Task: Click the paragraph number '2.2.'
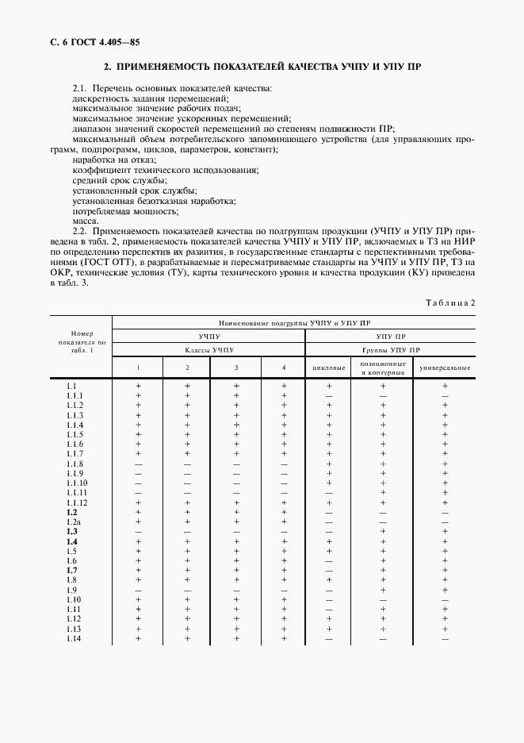[79, 231]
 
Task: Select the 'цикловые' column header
[330, 368]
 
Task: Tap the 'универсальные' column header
[446, 368]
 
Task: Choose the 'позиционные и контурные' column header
[384, 368]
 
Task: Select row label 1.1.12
[77, 502]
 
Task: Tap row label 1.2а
[73, 522]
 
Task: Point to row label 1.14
[75, 639]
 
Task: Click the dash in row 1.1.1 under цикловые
[330, 396]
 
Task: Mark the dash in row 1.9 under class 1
[138, 591]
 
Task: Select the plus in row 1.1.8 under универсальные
[446, 464]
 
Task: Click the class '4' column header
[284, 368]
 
